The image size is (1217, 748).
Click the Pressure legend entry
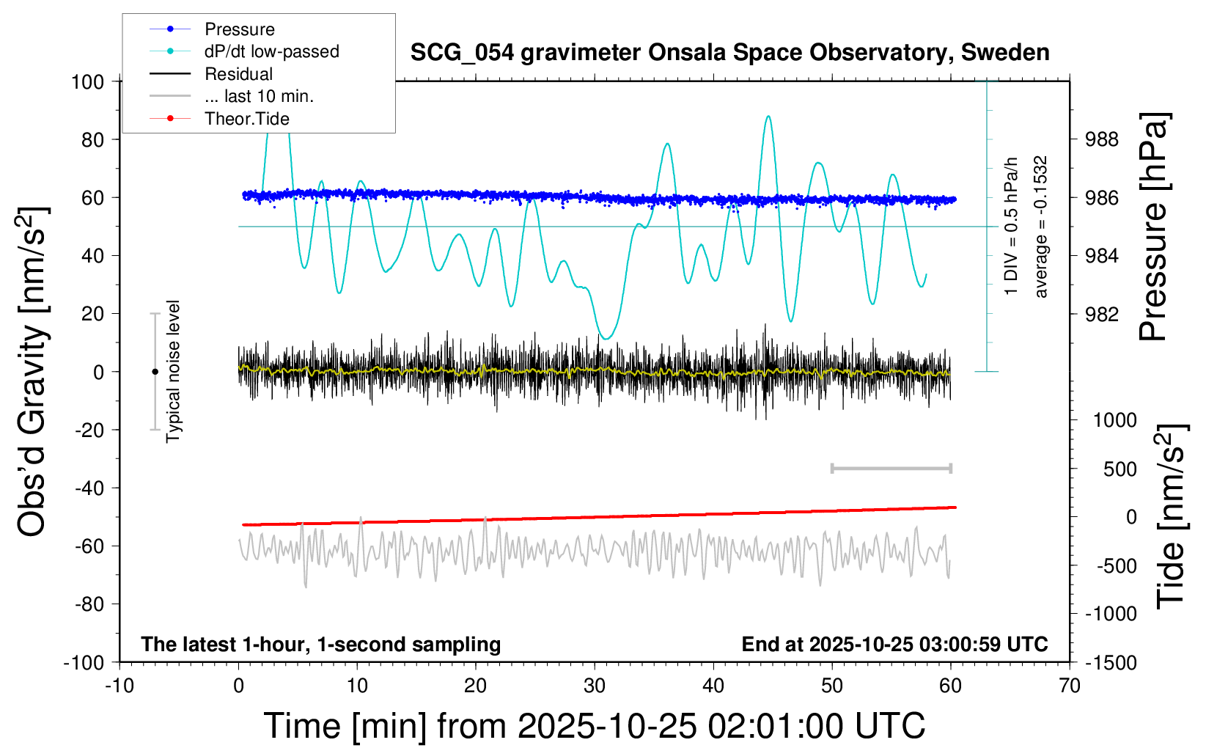(x=239, y=29)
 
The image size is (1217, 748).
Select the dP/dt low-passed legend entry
(x=271, y=51)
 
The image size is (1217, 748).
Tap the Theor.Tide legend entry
(x=246, y=119)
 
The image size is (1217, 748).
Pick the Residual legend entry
(x=238, y=74)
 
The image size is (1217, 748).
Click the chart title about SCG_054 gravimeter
(x=729, y=53)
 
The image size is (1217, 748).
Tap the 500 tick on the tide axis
(x=1119, y=469)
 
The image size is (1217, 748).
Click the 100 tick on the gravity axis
(x=87, y=81)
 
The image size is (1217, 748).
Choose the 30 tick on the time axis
(x=595, y=686)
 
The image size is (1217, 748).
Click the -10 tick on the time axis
(x=120, y=686)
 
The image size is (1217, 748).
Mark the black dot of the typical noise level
(x=155, y=372)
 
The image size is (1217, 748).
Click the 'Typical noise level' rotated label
(x=173, y=371)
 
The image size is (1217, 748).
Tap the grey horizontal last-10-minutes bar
(x=891, y=468)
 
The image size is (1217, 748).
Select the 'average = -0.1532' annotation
(x=1041, y=227)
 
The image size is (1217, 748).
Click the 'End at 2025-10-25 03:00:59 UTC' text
(x=894, y=644)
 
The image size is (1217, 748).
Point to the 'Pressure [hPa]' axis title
(x=1153, y=227)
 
